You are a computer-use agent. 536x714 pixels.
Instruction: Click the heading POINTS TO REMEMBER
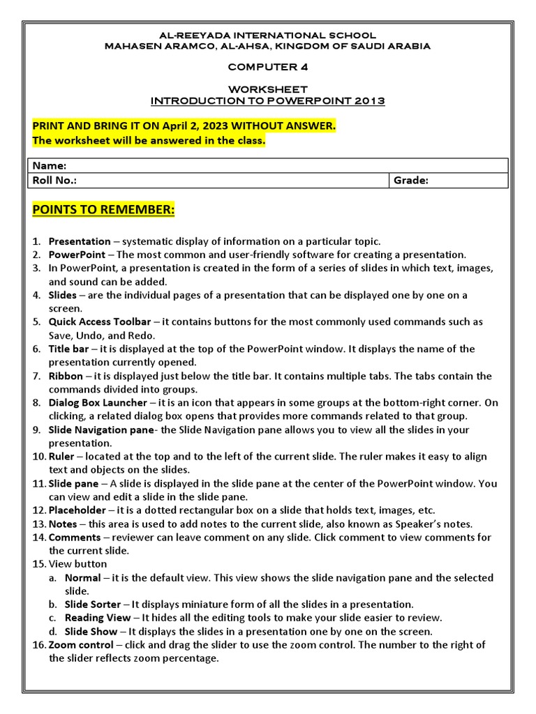tap(103, 211)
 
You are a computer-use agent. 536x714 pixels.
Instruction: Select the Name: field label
tap(50, 166)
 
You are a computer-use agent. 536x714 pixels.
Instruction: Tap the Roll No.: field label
tap(55, 181)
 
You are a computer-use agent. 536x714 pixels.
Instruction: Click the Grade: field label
tap(411, 181)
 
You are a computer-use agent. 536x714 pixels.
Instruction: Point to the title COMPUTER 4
tap(267, 67)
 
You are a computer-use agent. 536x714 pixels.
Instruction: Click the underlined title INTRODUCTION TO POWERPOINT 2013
tap(267, 101)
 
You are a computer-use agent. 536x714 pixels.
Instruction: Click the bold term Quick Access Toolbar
tap(100, 322)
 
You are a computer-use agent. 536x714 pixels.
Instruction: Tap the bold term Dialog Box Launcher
tap(98, 403)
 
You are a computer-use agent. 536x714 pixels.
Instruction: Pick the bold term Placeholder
tap(77, 510)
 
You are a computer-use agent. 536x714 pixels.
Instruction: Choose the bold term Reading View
tap(98, 618)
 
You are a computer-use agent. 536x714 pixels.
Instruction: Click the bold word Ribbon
tap(66, 376)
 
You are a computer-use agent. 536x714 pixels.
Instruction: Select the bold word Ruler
tap(61, 457)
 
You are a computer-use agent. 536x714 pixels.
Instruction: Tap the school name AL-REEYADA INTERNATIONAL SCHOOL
tap(267, 35)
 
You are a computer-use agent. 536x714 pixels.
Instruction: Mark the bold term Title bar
tap(70, 349)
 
